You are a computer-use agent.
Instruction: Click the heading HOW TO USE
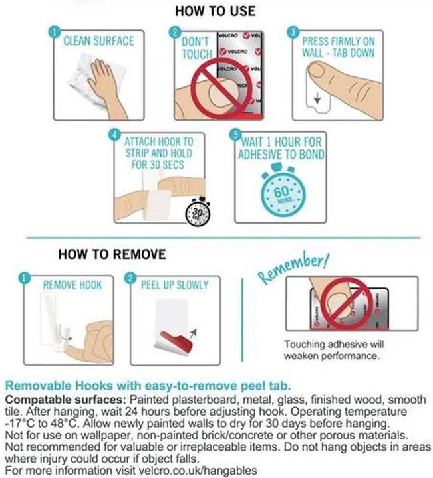coord(216,11)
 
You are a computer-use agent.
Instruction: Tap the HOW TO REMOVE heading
coord(112,254)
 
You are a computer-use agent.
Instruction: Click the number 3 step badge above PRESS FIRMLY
coord(293,32)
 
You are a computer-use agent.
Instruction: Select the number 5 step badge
coord(235,135)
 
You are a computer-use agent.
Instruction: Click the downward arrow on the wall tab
coord(317,98)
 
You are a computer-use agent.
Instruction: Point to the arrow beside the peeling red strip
coord(194,333)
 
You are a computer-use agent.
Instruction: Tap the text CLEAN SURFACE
coord(98,41)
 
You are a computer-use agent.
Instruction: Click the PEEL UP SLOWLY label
coord(175,285)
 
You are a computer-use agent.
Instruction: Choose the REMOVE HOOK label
coord(72,285)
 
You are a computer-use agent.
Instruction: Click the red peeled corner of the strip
coord(176,341)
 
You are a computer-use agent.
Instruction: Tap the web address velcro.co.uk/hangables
coord(198,470)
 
